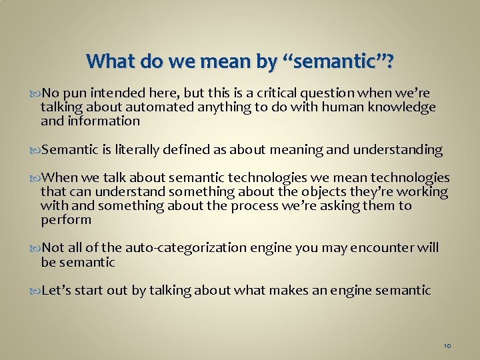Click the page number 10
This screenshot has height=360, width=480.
click(447, 346)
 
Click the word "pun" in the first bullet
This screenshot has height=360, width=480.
click(75, 93)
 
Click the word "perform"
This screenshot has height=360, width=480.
click(66, 220)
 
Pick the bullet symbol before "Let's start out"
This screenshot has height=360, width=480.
click(35, 291)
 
